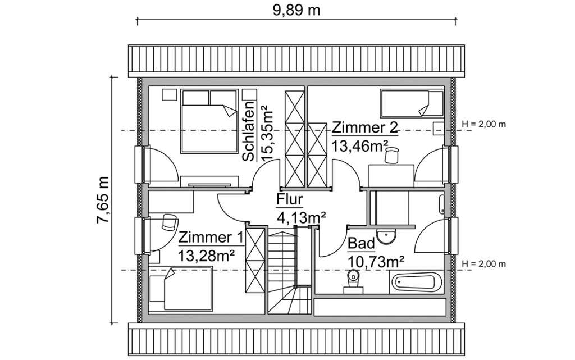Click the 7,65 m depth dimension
pos(102,200)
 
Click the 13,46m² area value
pos(360,146)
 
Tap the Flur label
pos(290,199)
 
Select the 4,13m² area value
pos(301,216)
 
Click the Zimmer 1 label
pos(211,238)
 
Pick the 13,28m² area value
pos(206,256)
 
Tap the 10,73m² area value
pos(376,261)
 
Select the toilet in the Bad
pos(353,279)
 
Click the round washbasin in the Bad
pos(385,236)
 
